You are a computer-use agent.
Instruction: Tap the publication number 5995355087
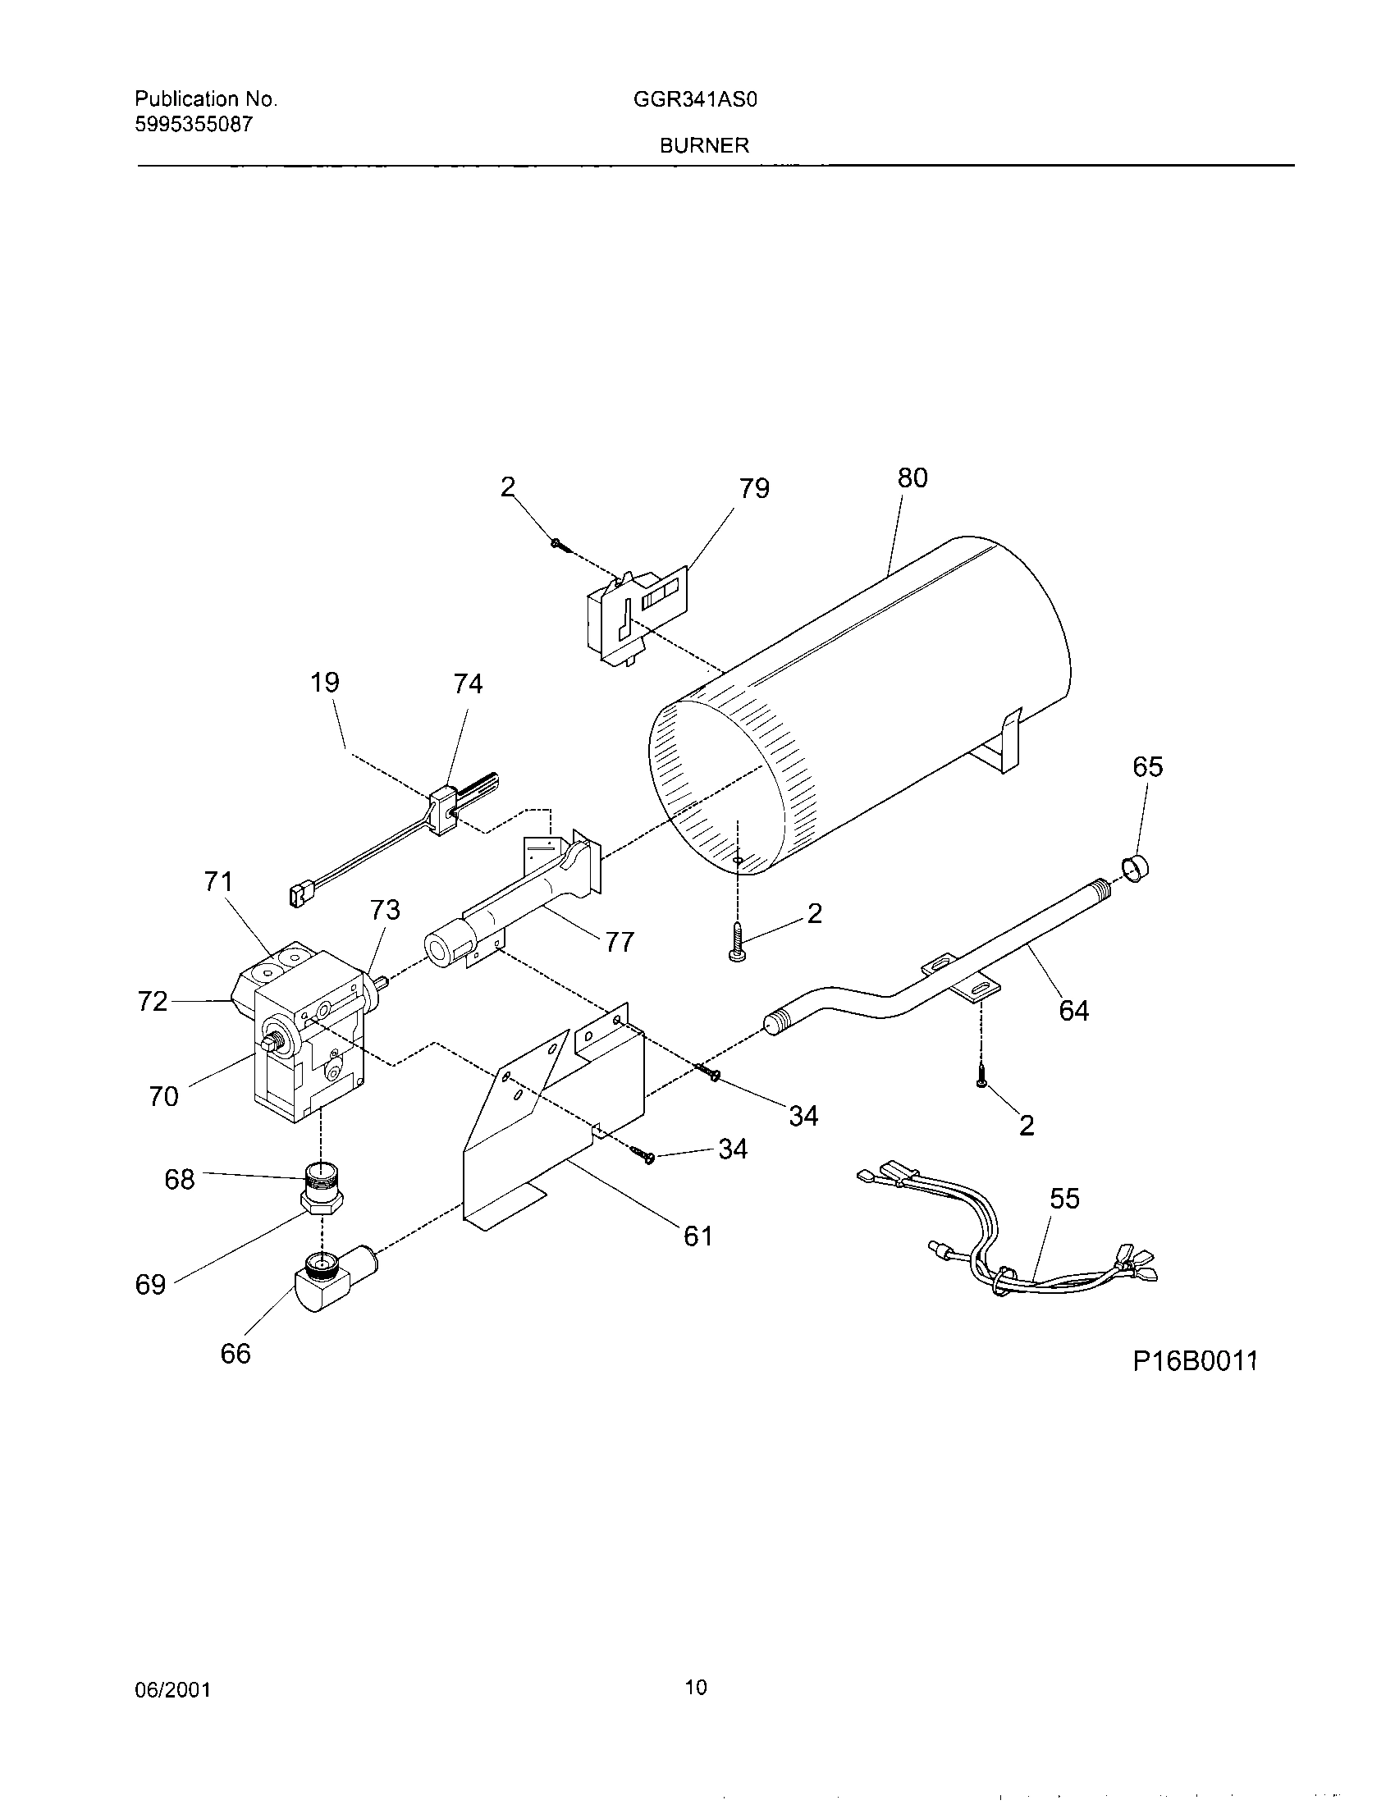194,125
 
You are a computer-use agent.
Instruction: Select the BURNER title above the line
704,146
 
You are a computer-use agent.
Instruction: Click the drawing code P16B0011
1194,1361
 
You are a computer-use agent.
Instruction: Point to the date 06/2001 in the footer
172,1691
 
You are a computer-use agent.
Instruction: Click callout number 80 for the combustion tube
912,478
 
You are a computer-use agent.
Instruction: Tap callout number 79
753,488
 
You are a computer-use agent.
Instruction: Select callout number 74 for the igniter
468,683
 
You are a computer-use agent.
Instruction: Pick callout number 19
326,683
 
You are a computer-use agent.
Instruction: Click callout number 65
1148,767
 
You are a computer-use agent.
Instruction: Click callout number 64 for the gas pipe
1074,1010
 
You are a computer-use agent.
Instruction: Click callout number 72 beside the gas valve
153,1002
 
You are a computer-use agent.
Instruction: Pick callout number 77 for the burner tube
620,941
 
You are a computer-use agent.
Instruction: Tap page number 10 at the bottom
697,1688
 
